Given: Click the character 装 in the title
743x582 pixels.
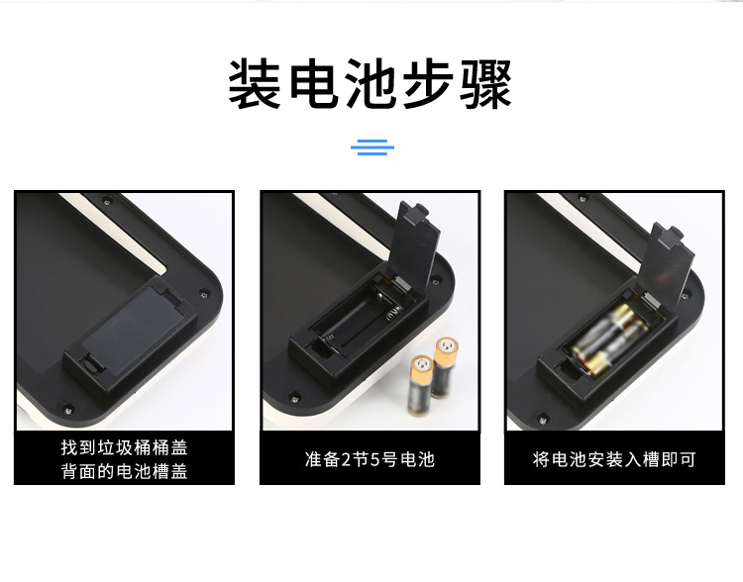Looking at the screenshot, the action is [255, 84].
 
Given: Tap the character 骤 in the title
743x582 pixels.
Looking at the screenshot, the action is [486, 84].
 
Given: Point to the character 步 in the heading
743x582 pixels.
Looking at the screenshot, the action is [429, 84].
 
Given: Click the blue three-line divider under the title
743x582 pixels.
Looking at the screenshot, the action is [372, 146].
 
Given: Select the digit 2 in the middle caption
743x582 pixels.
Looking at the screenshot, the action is [346, 459].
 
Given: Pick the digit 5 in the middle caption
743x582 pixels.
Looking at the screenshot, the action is [375, 459].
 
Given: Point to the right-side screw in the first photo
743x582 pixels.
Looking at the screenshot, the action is [205, 292].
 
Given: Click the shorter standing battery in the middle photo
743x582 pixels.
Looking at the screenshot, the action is [421, 385].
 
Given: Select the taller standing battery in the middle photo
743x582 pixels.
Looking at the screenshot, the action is [445, 367].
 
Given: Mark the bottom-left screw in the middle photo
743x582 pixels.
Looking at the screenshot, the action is [294, 397].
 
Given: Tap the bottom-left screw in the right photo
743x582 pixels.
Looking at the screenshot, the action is [542, 419].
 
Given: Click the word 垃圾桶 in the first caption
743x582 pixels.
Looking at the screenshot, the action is [124, 447].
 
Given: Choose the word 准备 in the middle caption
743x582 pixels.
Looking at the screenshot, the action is [322, 459].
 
